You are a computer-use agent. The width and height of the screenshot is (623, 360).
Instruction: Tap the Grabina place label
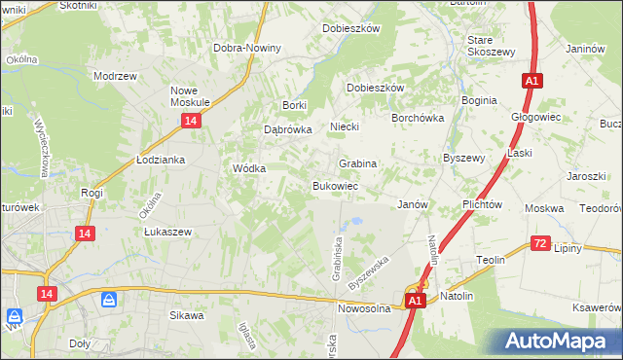357,163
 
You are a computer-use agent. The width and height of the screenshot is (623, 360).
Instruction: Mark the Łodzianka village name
161,160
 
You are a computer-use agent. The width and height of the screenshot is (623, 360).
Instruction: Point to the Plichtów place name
482,204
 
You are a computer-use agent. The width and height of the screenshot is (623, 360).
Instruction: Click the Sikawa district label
187,315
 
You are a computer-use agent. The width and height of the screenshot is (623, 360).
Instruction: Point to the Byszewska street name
367,270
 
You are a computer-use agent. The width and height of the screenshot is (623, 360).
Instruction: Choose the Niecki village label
345,126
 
